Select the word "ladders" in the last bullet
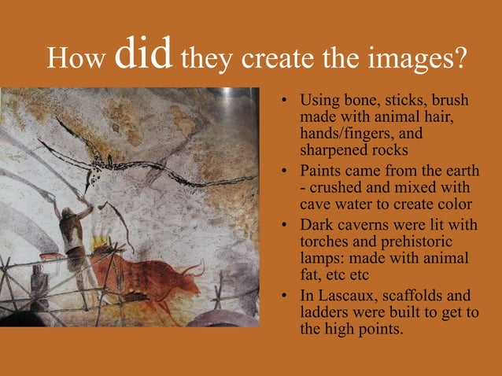point(326,313)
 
